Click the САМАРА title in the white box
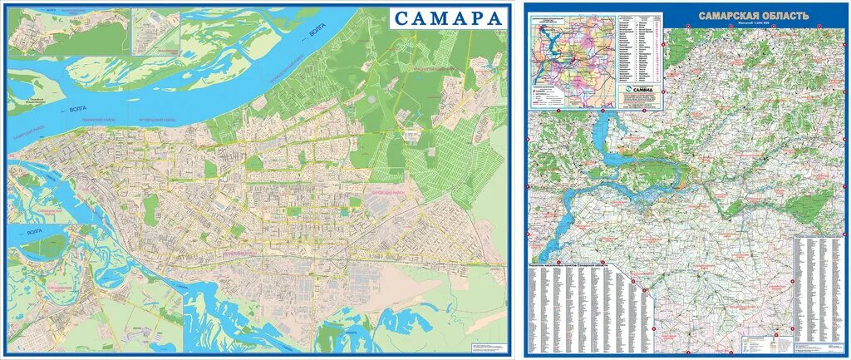(448, 18)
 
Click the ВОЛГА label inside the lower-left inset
(35, 235)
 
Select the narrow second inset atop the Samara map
(156, 32)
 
